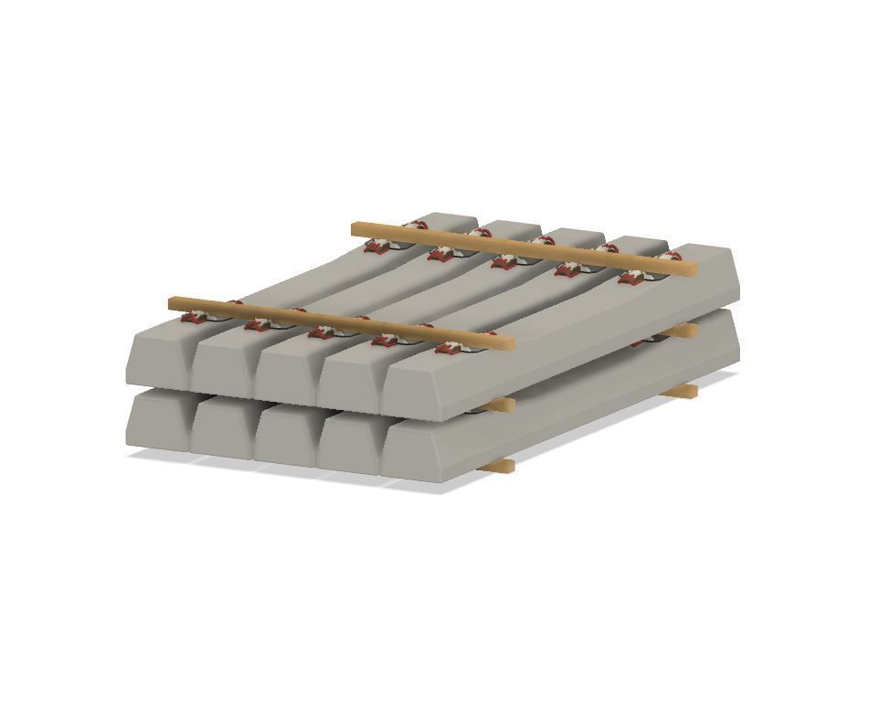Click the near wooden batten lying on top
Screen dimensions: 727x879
(x=338, y=322)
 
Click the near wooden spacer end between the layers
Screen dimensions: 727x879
(x=501, y=404)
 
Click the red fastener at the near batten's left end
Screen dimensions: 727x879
(x=194, y=317)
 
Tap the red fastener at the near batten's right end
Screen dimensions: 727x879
(x=448, y=347)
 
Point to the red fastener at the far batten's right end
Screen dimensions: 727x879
(x=630, y=275)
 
